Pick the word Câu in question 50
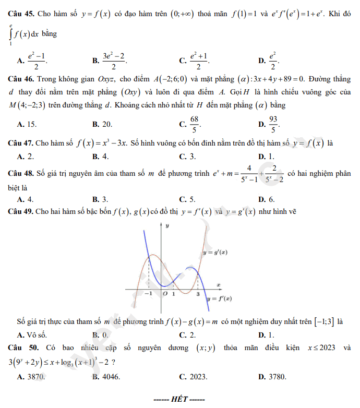point(16,347)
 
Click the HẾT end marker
point(179,400)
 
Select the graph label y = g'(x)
point(215,253)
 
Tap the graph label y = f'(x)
point(219,299)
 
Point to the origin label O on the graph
point(165,294)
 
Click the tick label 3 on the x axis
point(198,294)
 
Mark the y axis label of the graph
point(167,226)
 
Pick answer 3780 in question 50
point(277,376)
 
